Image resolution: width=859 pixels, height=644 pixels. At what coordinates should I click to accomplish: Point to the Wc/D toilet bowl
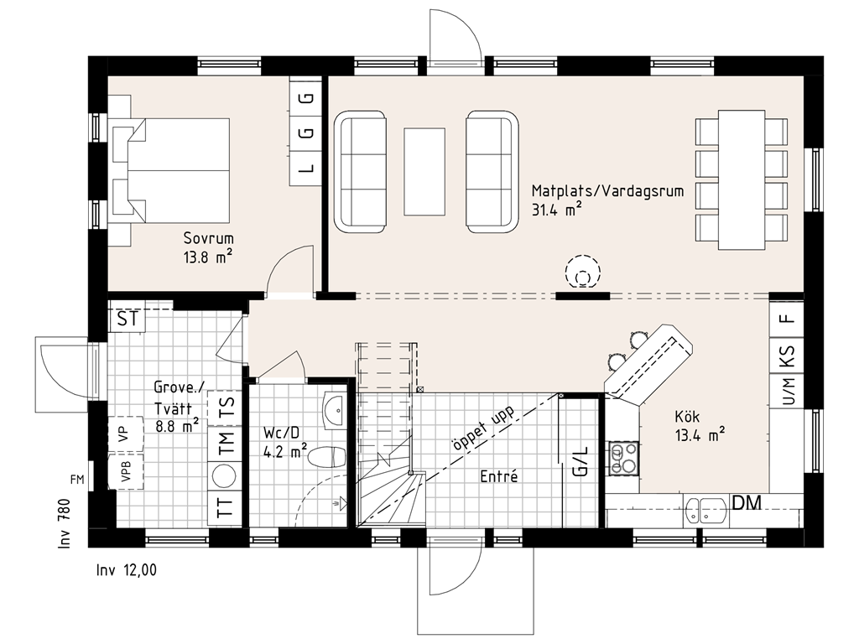point(328,457)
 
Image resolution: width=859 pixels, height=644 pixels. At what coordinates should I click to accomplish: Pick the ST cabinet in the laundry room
point(128,319)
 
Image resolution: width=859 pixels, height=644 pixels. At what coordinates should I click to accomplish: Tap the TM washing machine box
point(226,441)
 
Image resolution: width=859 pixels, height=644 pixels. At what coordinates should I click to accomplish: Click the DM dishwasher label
point(747,502)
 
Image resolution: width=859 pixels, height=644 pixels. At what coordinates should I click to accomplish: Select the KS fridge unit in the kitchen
point(787,356)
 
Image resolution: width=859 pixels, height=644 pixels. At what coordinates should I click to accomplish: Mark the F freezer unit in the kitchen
point(787,319)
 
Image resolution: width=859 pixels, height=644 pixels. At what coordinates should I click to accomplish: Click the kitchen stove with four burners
point(624,458)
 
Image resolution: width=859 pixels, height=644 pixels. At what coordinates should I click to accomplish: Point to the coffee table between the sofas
point(424,171)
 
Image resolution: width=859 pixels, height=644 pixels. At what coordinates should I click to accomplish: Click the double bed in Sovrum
point(171,171)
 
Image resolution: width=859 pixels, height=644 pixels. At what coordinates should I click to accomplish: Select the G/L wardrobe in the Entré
point(580,462)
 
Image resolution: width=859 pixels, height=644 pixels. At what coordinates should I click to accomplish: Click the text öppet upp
point(482,429)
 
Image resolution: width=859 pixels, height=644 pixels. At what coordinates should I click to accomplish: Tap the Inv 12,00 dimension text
point(127,570)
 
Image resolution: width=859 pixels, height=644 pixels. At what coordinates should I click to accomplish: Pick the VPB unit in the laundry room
point(126,471)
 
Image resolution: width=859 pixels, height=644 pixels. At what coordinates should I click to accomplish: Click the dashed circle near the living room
point(584,273)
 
